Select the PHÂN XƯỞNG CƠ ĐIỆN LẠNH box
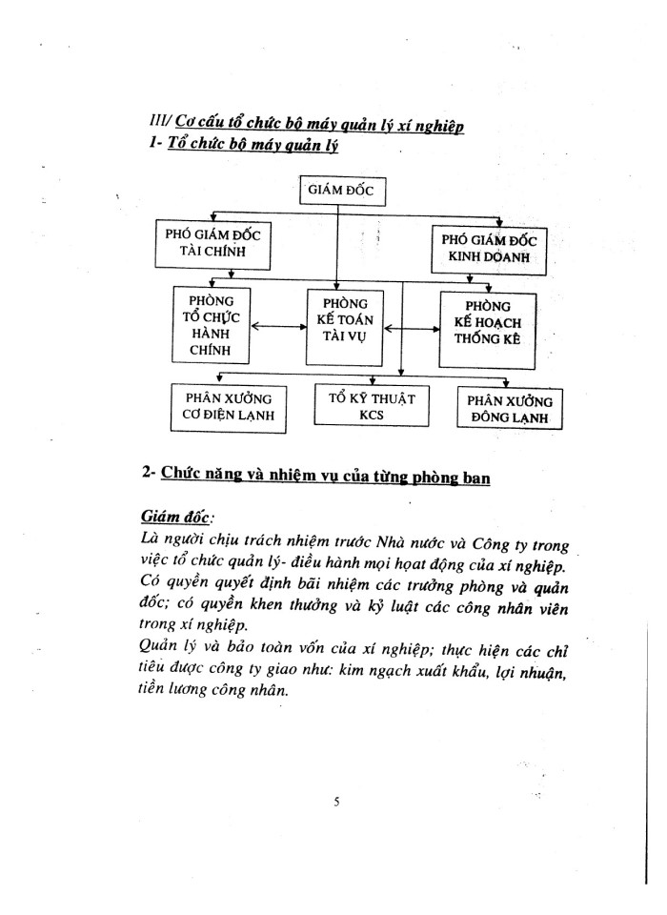point(228,406)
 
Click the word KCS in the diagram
point(371,417)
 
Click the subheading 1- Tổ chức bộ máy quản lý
point(238,147)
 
